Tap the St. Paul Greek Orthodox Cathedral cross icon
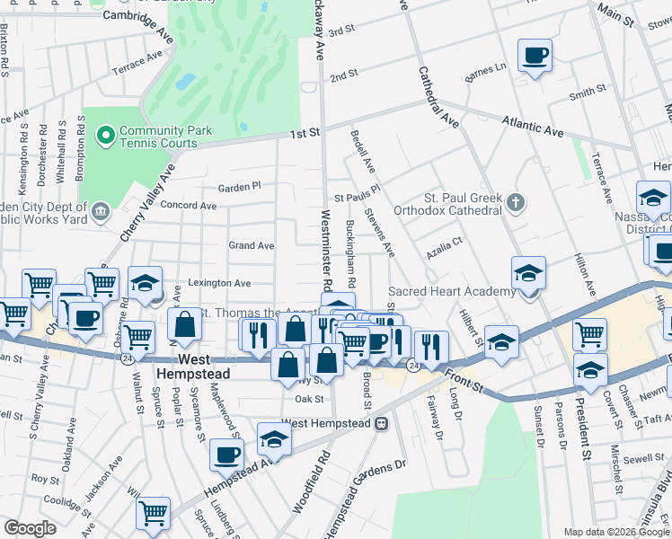(x=516, y=201)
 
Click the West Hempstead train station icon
(x=381, y=422)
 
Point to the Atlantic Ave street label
(x=533, y=125)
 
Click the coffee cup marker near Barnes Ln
(x=535, y=55)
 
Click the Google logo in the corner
(x=30, y=528)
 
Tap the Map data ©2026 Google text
(x=615, y=532)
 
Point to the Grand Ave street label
(x=251, y=245)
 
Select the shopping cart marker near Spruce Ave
(x=153, y=513)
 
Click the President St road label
(x=581, y=428)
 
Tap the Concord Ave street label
(x=189, y=206)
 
